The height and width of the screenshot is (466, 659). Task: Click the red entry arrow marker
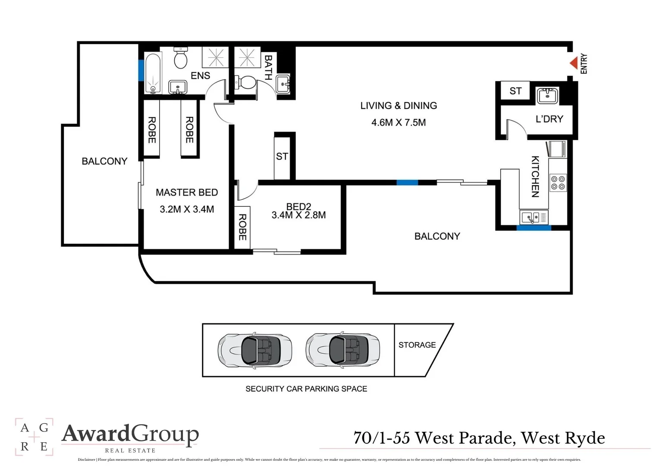574,63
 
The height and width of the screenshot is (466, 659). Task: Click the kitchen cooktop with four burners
558,182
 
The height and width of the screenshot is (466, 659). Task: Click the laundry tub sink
547,95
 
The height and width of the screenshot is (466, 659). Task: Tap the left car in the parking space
254,350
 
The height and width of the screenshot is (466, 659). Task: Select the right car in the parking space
343,350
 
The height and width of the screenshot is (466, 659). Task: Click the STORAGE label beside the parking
417,345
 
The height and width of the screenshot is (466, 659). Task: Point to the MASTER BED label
187,192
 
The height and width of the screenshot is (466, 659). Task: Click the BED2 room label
298,207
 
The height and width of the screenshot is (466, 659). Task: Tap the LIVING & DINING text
399,106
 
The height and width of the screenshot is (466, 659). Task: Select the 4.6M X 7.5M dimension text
399,123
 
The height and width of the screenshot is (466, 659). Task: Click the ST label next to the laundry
515,91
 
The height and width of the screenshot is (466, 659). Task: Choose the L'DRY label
549,119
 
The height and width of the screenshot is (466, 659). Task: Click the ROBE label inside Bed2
242,227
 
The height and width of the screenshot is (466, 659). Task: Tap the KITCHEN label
535,176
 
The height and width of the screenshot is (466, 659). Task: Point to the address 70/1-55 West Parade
479,438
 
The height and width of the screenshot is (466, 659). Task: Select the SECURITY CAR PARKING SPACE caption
306,389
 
